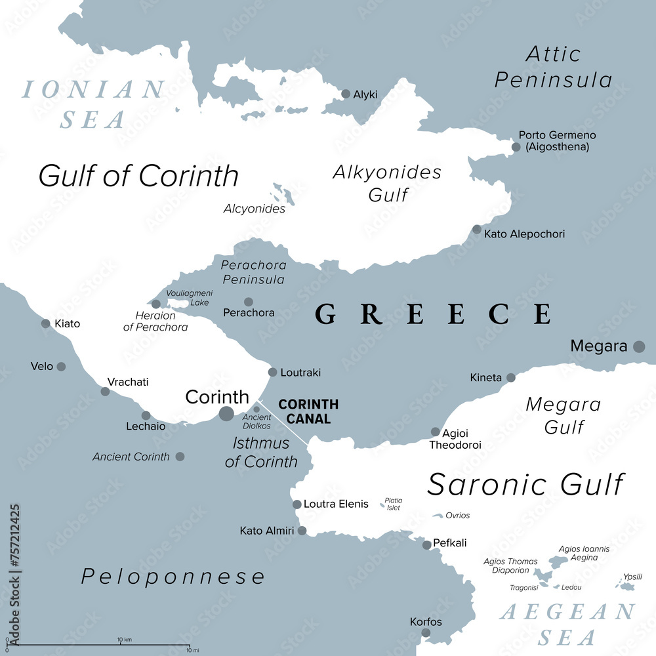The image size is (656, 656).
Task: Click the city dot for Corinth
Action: coord(226,413)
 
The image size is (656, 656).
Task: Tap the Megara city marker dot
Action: coord(639,346)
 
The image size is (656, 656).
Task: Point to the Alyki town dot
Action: coord(346,94)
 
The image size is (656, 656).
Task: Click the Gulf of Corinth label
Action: coord(138,176)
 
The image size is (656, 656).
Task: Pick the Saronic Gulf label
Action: coord(525,485)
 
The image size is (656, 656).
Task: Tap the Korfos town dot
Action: coord(426,633)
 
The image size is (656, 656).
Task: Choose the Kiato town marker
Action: coord(46,323)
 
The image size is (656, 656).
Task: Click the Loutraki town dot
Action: coord(273,372)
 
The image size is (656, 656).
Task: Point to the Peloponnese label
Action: coord(173,577)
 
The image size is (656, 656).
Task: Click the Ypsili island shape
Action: coord(628,585)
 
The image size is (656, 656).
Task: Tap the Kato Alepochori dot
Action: coord(477,230)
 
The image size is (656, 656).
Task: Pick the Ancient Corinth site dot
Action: coord(180,457)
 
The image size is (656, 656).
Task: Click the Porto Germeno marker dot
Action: coord(516,147)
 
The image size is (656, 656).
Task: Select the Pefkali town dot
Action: coord(427,544)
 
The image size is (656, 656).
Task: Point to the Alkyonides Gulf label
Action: coord(387,183)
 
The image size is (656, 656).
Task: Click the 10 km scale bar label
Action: coord(125,640)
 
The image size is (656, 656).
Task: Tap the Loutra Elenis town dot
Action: coord(297,504)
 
